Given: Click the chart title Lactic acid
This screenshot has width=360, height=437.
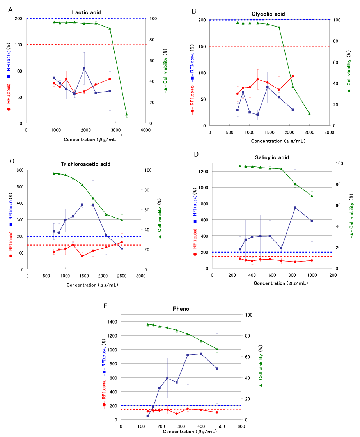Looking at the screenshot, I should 86,12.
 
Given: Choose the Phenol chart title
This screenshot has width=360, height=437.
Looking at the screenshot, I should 181,309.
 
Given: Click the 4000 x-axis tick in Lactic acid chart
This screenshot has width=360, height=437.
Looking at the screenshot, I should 145,130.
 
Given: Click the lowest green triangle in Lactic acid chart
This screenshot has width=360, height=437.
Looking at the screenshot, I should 126,114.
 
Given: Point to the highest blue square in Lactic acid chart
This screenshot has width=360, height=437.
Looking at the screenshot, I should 84,68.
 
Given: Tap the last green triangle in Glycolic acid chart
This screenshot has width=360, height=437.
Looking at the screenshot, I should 309,113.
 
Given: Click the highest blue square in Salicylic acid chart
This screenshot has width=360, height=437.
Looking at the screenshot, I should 295,207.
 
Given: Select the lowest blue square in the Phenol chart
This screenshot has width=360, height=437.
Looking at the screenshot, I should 147,416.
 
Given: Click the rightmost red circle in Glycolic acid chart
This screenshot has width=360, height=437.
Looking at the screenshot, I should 293,76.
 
